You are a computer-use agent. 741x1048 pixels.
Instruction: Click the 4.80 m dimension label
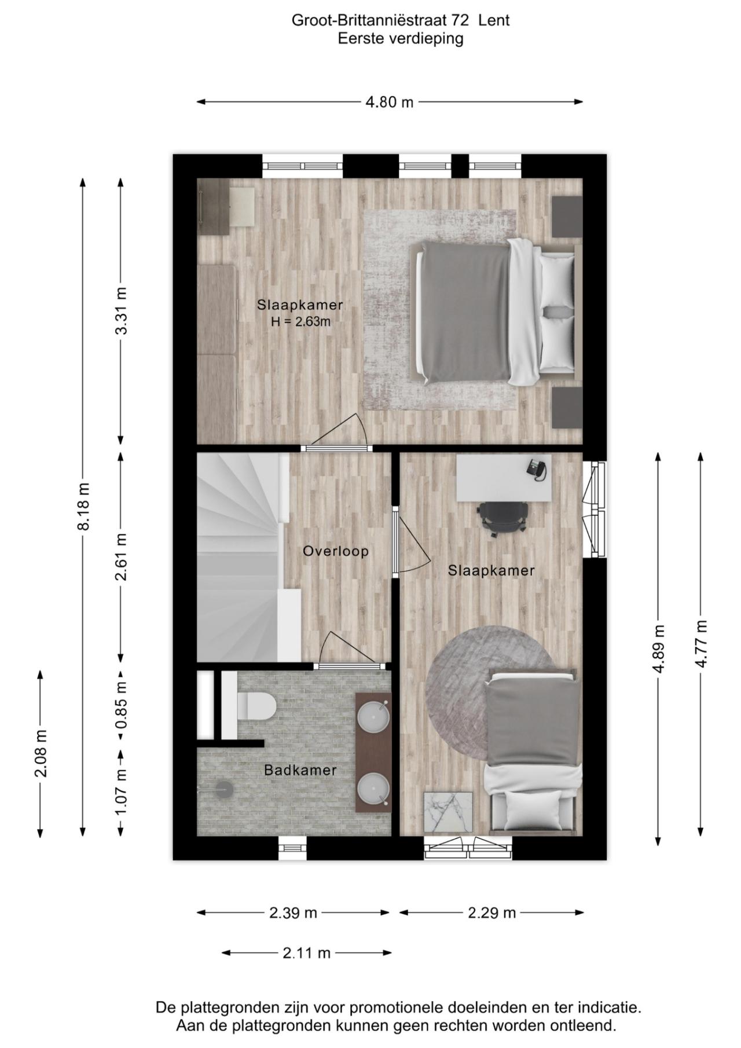coord(389,102)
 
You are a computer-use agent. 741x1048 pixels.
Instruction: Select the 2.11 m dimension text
coord(306,952)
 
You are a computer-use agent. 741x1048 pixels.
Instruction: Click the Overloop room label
coord(335,551)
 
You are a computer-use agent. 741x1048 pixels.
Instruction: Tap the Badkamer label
coord(300,770)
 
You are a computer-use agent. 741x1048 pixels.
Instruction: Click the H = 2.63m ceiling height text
coord(300,322)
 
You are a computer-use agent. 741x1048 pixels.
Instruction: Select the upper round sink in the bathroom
coord(373,717)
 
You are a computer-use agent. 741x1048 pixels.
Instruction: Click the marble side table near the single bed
coord(448,812)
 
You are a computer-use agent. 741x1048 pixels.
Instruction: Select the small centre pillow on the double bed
coord(556,313)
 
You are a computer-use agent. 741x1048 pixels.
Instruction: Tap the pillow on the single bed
coord(534,809)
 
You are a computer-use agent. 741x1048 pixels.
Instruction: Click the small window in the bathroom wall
coord(292,849)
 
